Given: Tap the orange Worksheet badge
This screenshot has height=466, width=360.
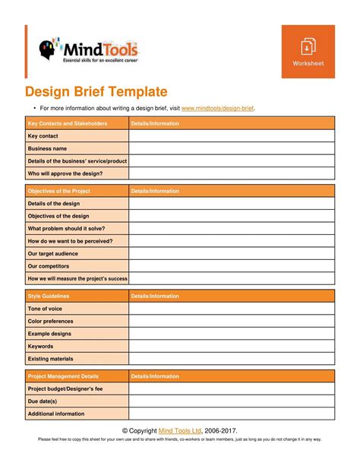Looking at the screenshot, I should tap(308, 51).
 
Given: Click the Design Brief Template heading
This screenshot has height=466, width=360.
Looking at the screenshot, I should tap(96, 92).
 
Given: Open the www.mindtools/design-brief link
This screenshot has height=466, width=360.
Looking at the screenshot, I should tap(218, 109).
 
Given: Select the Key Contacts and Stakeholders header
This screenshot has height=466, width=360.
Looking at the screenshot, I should tap(68, 123).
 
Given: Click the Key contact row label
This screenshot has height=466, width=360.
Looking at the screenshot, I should tap(43, 136).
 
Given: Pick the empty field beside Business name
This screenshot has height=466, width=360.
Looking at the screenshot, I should tap(231, 149).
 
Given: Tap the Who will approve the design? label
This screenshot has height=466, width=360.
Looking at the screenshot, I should tap(65, 173).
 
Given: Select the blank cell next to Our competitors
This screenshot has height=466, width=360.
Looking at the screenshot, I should tap(231, 266).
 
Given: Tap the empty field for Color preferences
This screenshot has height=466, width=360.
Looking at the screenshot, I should tap(231, 321).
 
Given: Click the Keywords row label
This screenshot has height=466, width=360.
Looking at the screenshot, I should tap(41, 346).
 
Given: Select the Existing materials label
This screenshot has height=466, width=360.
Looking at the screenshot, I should tap(51, 358).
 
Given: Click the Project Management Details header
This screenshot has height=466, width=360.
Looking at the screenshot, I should tap(63, 376).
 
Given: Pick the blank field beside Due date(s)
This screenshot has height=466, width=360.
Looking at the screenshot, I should tap(231, 401).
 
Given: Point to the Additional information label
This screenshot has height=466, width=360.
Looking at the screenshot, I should tap(56, 414).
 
